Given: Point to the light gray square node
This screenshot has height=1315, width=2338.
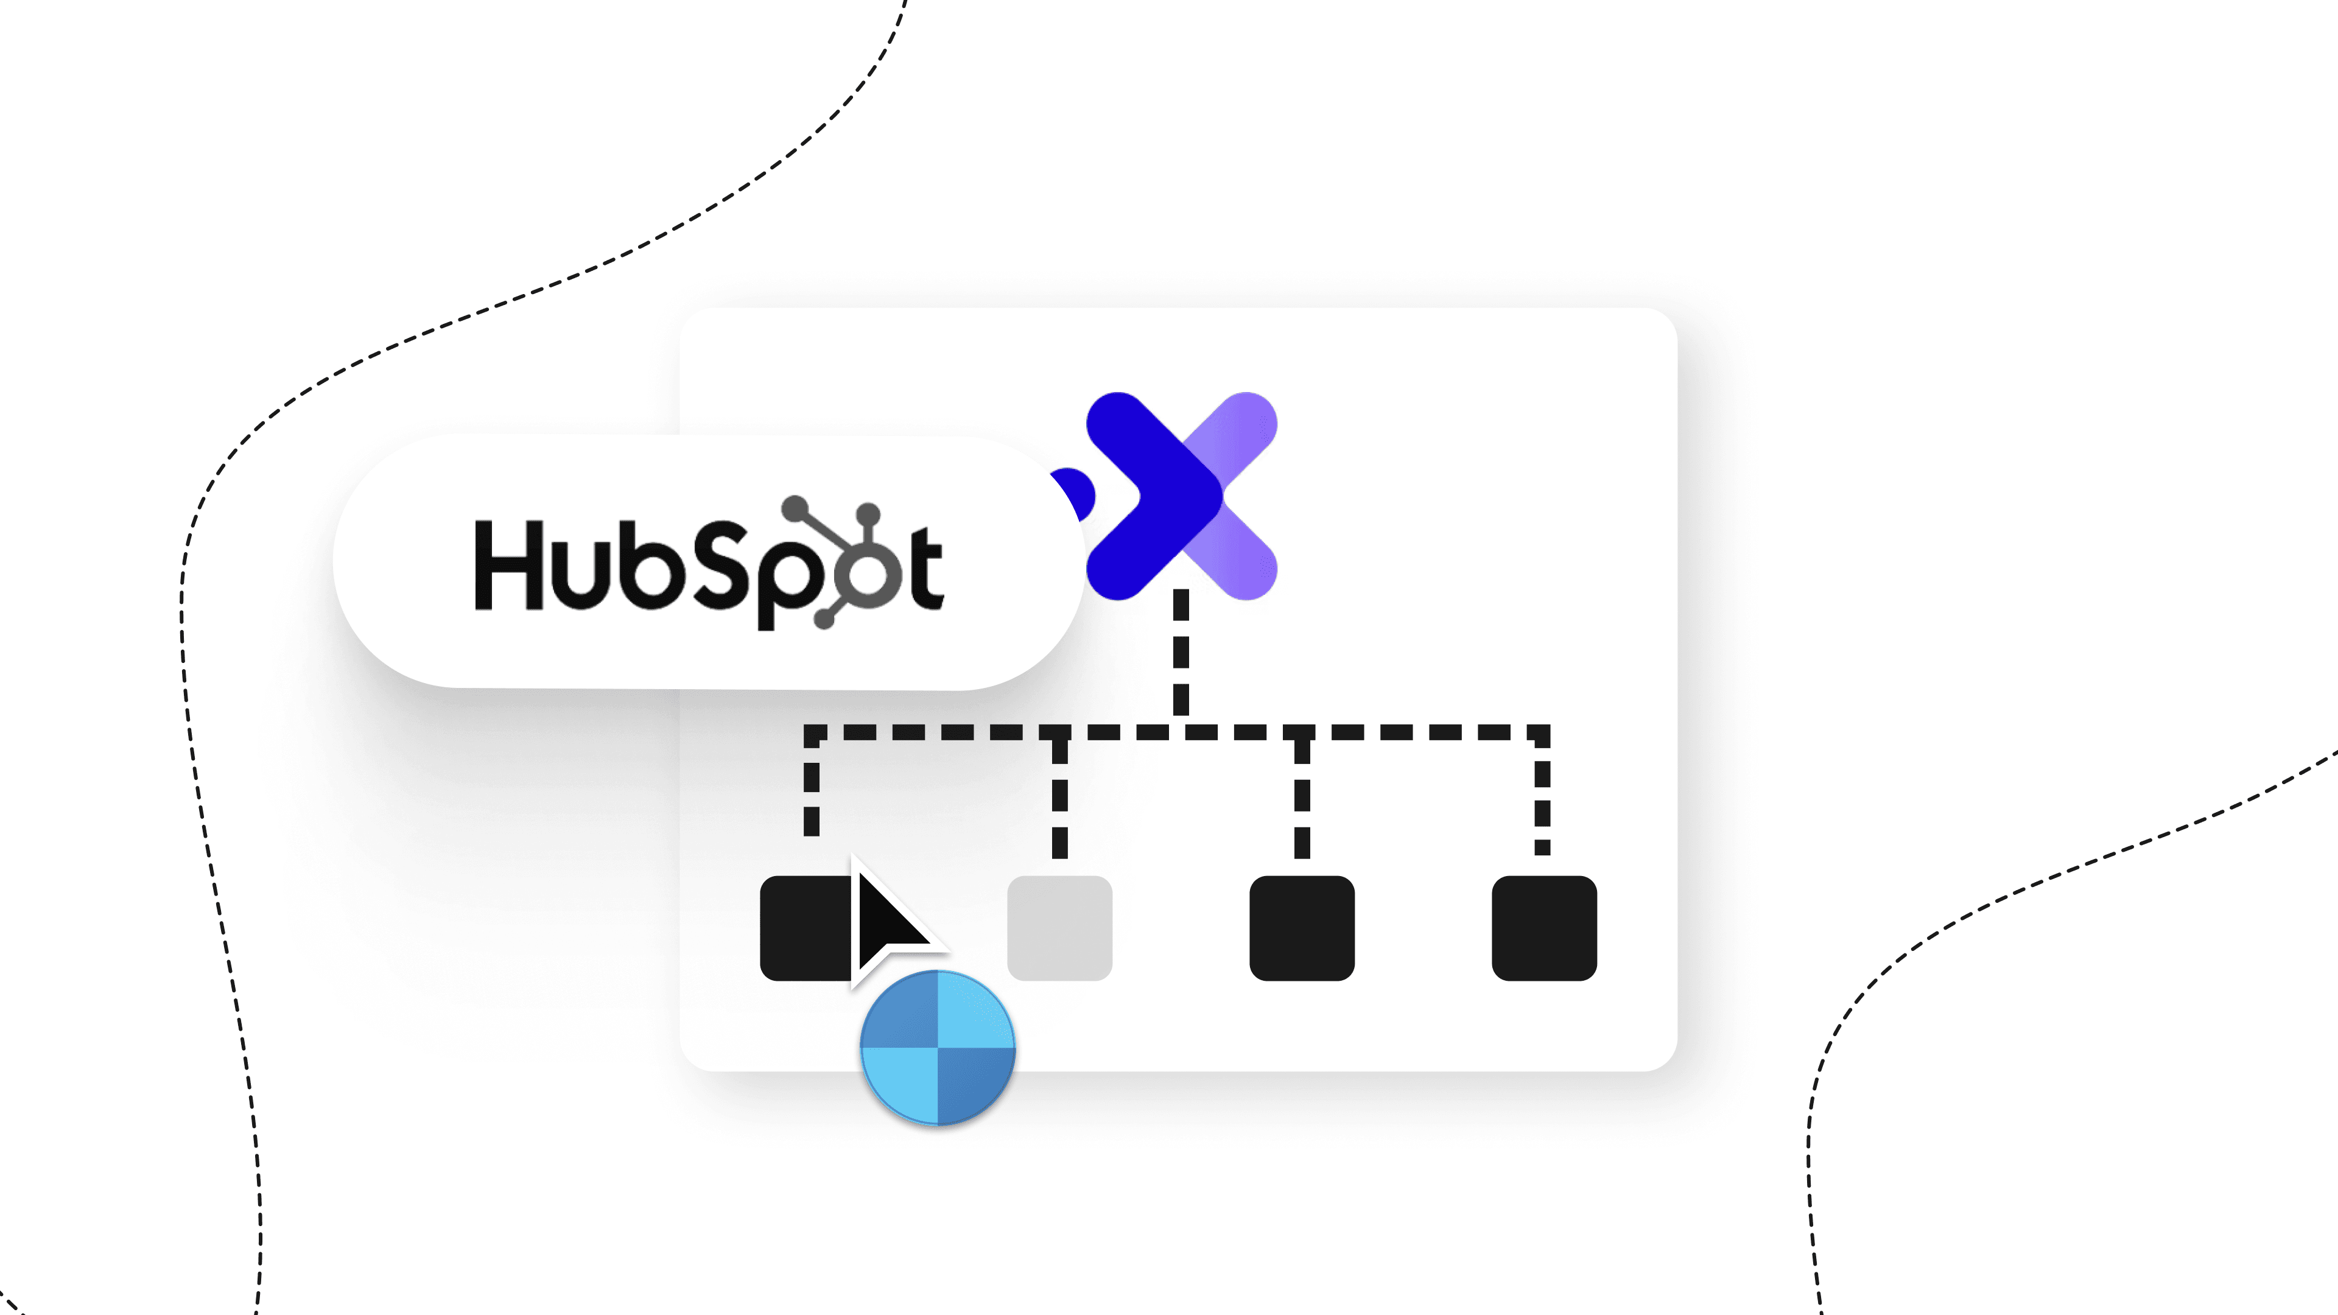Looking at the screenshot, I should pyautogui.click(x=1059, y=927).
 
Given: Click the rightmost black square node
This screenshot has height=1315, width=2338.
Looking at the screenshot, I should pyautogui.click(x=1544, y=927).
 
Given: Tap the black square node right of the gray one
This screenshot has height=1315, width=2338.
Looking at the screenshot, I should pyautogui.click(x=1302, y=927).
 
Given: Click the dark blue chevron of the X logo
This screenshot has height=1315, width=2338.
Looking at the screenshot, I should pyautogui.click(x=1153, y=494).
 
